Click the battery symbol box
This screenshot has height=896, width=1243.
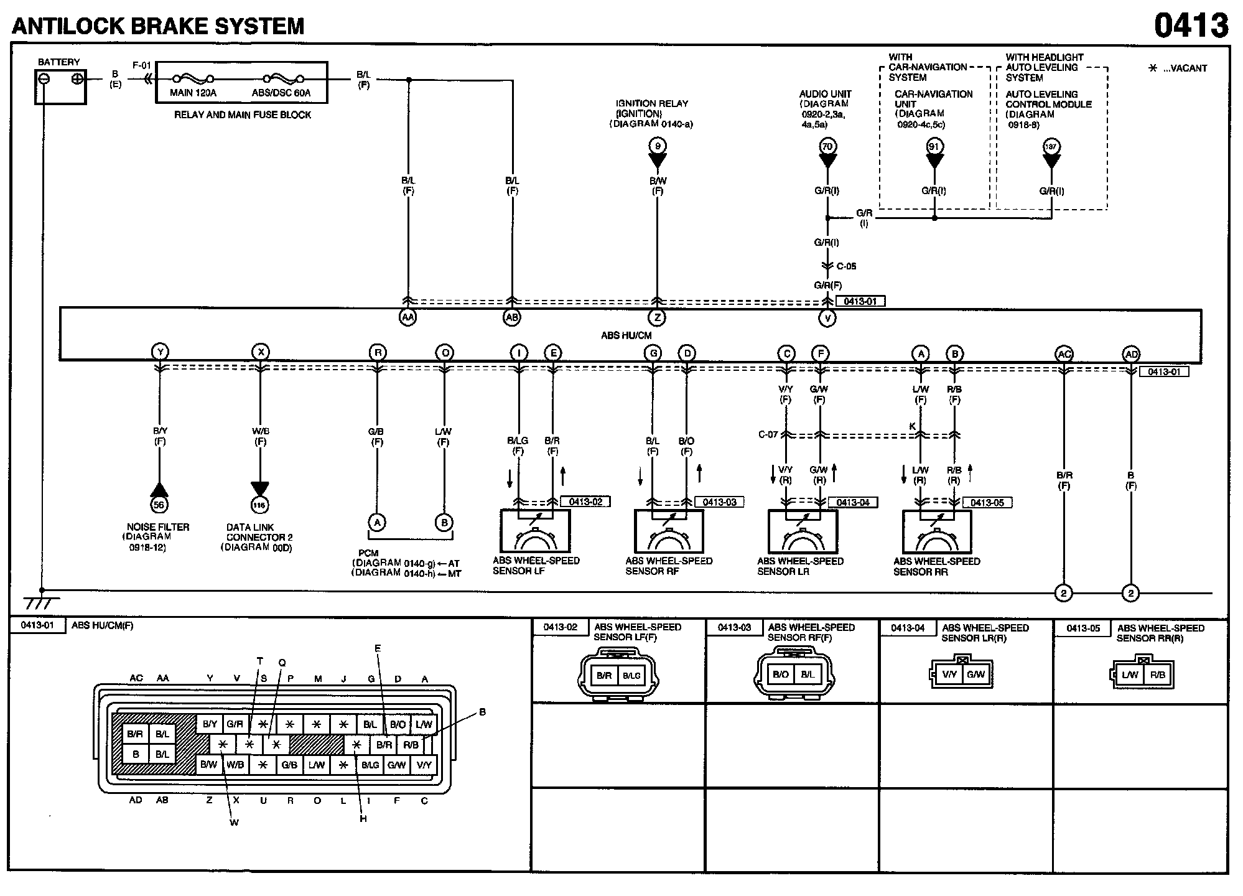60,86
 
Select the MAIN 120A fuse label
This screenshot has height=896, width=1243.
193,93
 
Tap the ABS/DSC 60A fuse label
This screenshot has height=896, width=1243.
281,93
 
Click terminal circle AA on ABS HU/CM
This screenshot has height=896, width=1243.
407,317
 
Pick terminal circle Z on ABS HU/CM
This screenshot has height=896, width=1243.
657,317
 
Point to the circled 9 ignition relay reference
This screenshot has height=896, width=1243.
658,147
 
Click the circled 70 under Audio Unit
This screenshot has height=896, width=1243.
827,147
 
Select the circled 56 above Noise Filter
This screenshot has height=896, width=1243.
159,505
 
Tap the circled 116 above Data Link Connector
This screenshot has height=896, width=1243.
259,505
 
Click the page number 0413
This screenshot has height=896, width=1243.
1191,26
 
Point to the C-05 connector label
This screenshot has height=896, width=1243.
846,266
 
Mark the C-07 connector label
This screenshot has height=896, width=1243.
768,434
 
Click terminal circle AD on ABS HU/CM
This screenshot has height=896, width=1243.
1131,354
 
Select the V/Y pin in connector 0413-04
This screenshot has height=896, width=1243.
949,674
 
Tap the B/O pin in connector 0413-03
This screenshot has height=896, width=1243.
780,674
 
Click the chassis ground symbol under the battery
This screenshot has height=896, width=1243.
41,602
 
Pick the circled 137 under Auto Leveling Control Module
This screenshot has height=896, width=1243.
1051,147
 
